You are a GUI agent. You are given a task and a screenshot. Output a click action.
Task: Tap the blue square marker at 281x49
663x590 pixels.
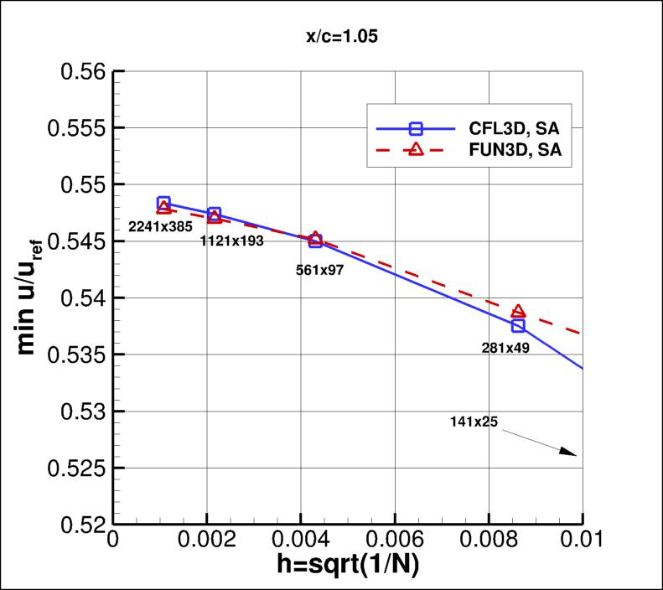pos(518,325)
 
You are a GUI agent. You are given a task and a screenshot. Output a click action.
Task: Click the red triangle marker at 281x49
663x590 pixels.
pos(518,312)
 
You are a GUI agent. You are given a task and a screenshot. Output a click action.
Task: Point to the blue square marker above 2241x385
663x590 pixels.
pos(163,204)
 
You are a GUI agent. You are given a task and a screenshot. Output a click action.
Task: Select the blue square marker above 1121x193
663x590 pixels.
pos(215,215)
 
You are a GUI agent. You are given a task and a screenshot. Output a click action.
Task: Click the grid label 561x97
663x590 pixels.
pos(320,270)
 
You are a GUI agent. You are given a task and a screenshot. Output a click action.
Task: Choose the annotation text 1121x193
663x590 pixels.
pos(232,241)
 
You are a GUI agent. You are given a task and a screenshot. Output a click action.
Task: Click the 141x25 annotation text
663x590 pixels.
pos(474,422)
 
